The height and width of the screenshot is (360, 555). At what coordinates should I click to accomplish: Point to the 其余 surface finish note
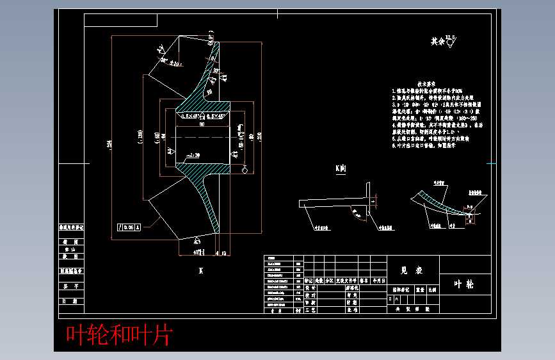(x=438, y=42)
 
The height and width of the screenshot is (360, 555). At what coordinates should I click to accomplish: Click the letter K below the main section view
(x=200, y=271)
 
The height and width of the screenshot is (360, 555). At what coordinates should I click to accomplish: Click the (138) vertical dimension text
(x=140, y=135)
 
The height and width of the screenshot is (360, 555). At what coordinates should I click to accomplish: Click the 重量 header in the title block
(x=420, y=289)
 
